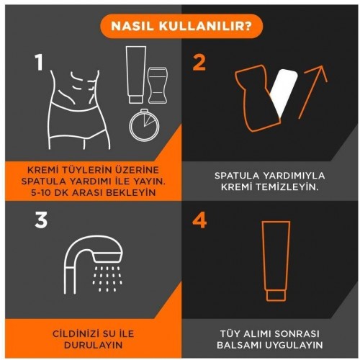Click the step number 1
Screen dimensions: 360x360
click(39, 62)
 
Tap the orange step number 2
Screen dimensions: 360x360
click(199, 63)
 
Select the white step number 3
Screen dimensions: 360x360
click(41, 220)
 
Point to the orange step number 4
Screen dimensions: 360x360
click(199, 220)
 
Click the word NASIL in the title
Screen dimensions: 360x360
click(132, 26)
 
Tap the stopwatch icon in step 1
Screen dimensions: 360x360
click(144, 125)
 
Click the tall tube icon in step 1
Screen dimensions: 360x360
click(136, 75)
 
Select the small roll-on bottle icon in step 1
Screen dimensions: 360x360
click(158, 86)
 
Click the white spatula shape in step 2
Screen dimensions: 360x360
click(284, 92)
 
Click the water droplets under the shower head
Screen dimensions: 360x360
click(107, 279)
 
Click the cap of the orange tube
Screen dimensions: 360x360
click(276, 296)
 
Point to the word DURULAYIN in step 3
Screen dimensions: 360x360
click(93, 345)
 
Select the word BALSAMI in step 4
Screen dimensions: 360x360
click(239, 345)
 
